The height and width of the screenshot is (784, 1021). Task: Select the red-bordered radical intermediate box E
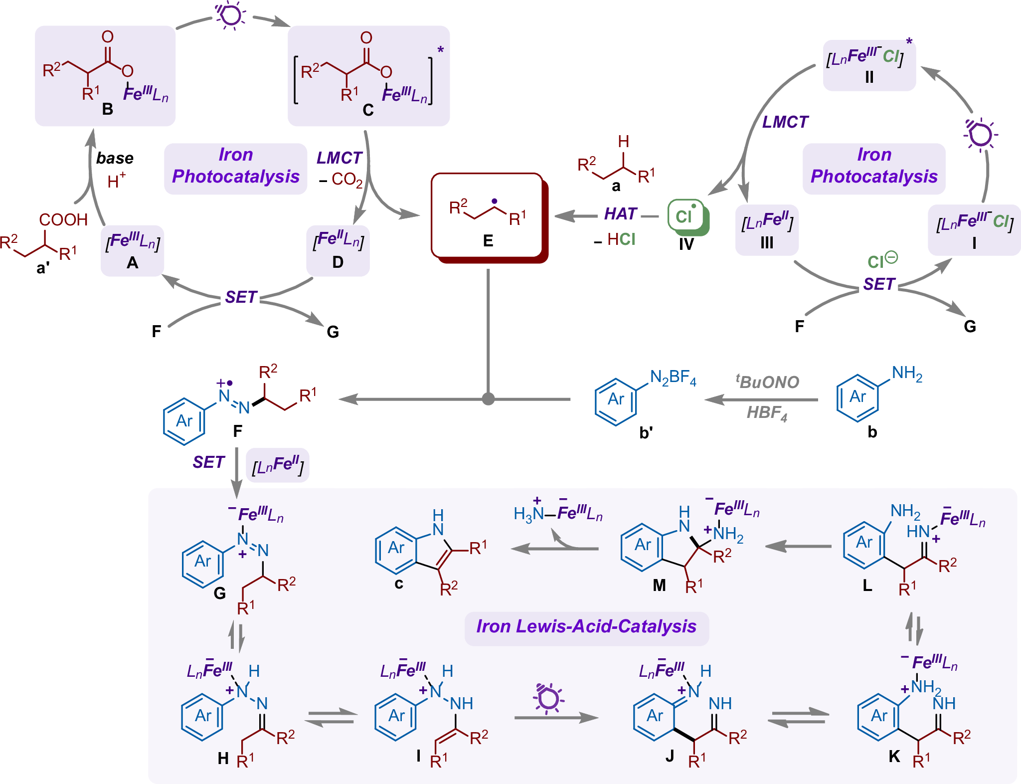pos(488,216)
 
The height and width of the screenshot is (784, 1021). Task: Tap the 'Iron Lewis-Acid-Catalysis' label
pos(586,627)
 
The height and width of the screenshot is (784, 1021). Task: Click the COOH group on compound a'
pos(63,219)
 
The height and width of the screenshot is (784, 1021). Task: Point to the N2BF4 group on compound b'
pos(673,378)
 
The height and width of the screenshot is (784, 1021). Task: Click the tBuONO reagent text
pos(768,382)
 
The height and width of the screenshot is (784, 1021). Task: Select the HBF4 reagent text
pos(767,413)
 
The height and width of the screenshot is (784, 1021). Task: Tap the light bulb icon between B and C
pos(230,15)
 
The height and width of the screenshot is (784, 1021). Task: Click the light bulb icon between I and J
pos(548,698)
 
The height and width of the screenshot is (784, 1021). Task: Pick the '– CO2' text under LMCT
pos(341,179)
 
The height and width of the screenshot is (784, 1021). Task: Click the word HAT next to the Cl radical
pos(620,214)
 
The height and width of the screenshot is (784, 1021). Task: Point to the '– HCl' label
pos(615,240)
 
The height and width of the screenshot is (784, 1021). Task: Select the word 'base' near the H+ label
pos(115,158)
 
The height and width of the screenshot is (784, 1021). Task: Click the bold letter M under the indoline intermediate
pos(659,586)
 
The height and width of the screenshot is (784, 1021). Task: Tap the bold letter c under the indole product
pos(399,584)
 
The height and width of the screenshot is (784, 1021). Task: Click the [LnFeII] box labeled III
pos(767,229)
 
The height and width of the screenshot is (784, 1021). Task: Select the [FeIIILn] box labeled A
pos(132,249)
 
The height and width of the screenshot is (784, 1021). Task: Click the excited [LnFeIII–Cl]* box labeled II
pos(869,65)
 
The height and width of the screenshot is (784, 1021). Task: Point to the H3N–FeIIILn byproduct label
pos(558,513)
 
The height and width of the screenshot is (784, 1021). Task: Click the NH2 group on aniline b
pos(907,374)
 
